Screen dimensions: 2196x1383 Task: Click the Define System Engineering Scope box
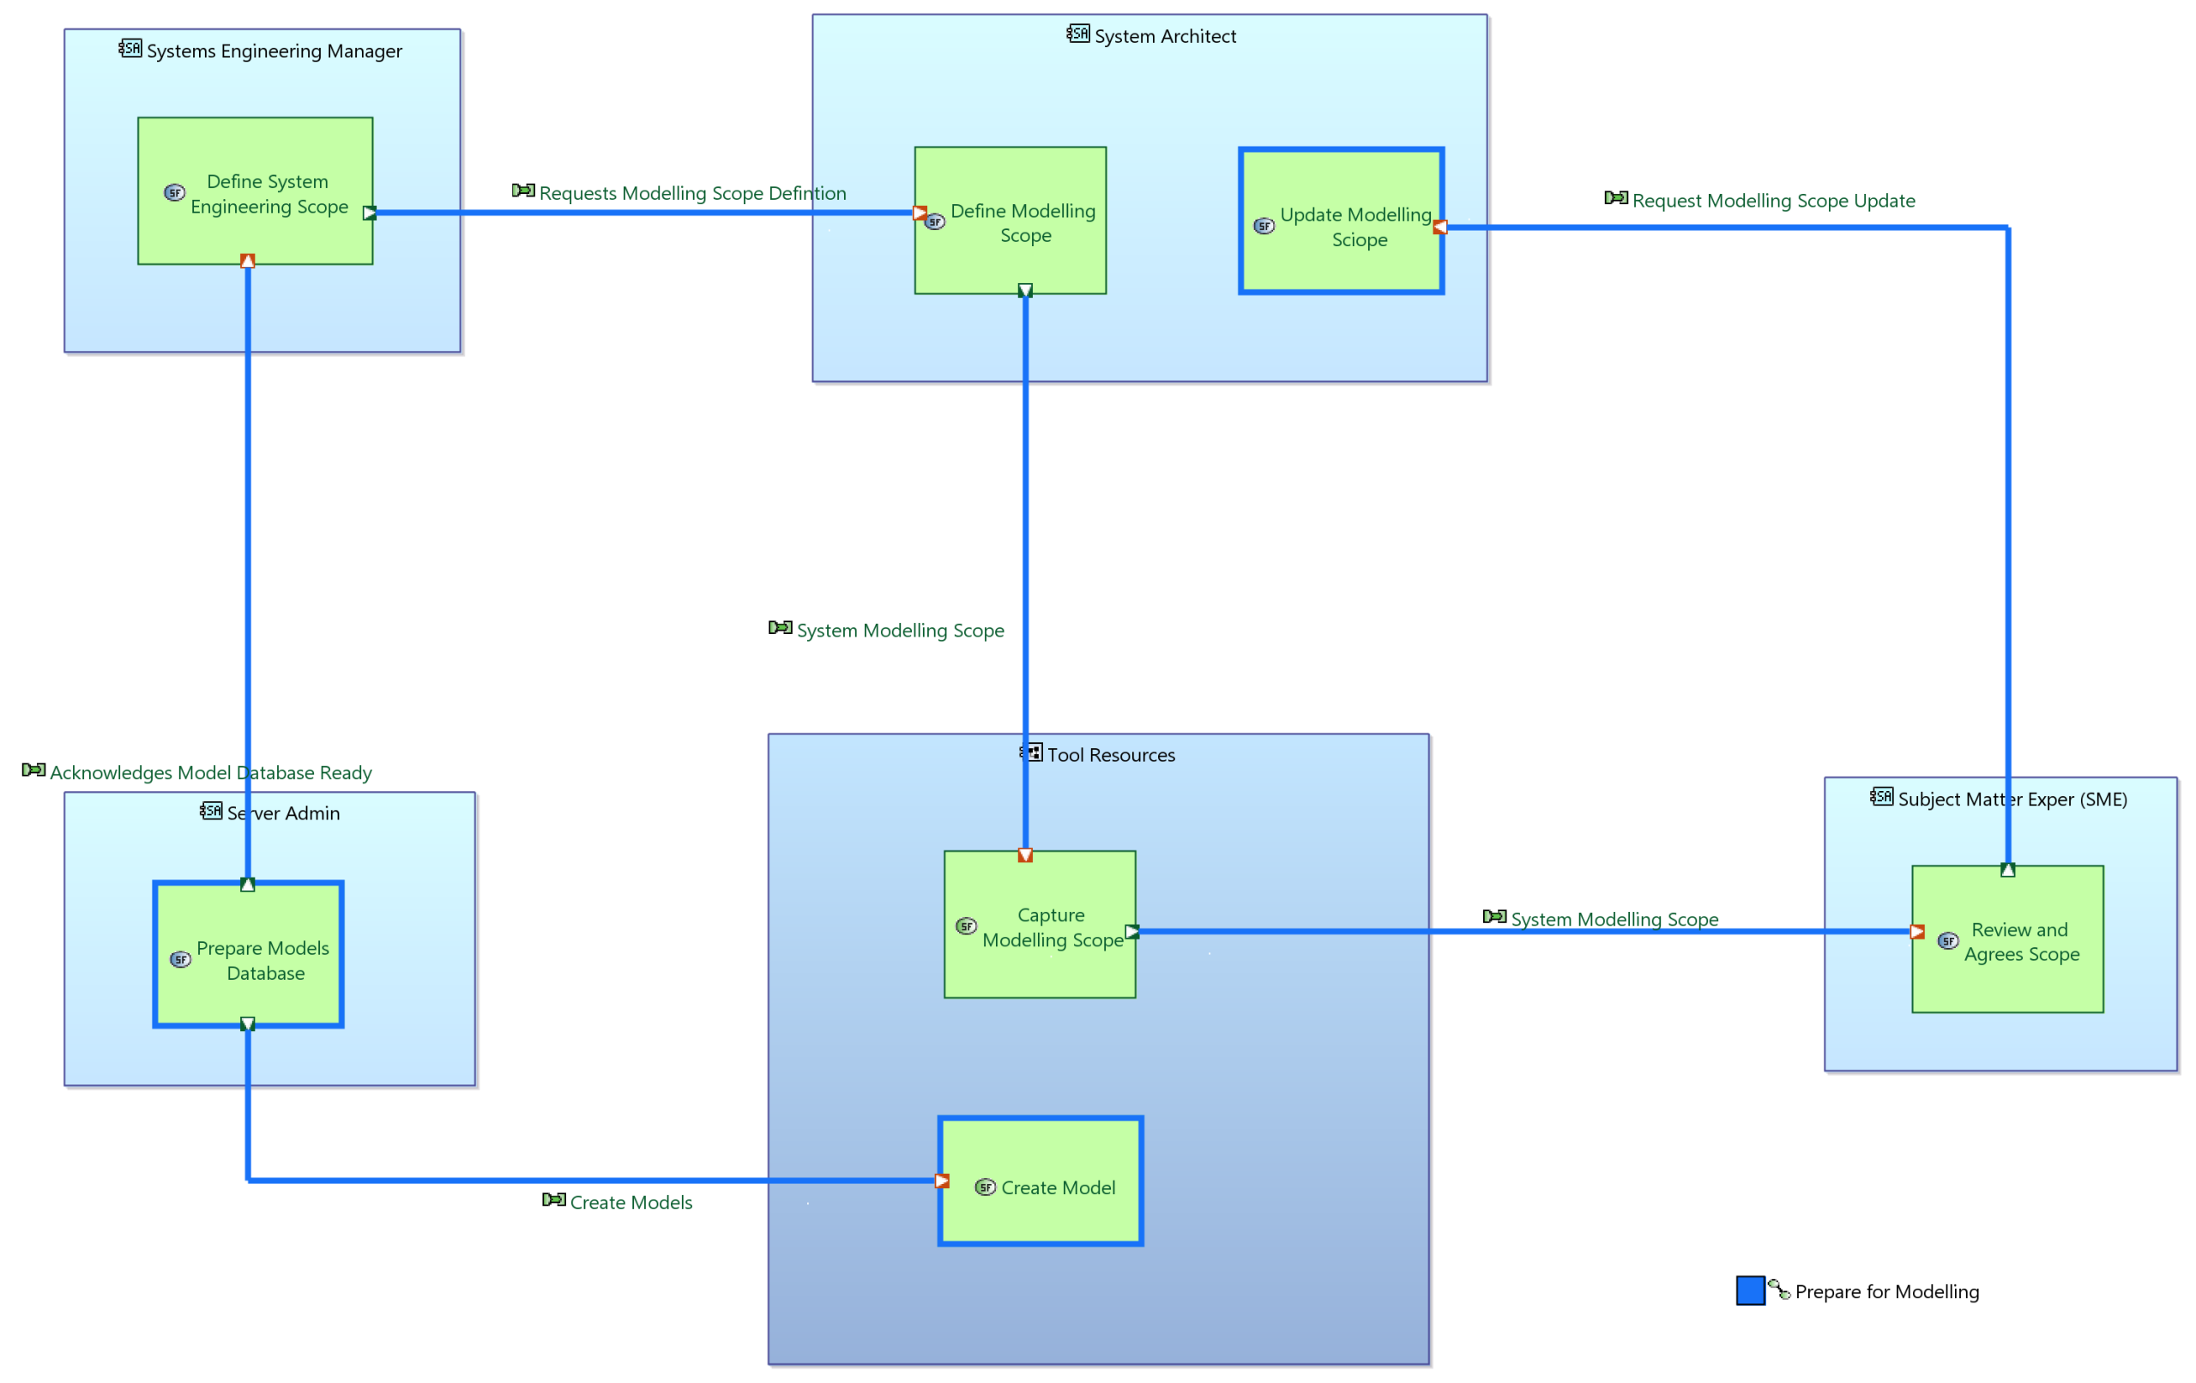(x=256, y=190)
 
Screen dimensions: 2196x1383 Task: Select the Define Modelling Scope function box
(x=1011, y=220)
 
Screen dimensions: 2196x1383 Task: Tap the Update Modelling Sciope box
(x=1342, y=220)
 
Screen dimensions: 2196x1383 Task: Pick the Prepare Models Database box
(x=248, y=954)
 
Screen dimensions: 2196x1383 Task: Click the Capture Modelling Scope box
(x=1040, y=924)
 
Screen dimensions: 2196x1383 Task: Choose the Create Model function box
(x=1041, y=1181)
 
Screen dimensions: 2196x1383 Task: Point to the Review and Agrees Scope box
(x=2008, y=939)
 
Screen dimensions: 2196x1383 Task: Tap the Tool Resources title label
(x=1111, y=755)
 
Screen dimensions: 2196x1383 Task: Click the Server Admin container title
(x=284, y=813)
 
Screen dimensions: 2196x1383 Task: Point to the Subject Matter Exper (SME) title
(x=2012, y=799)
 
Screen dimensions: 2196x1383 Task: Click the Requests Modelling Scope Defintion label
(x=693, y=193)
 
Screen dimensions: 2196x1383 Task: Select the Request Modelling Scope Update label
(x=1774, y=201)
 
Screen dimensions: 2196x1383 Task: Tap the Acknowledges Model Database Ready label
(x=211, y=773)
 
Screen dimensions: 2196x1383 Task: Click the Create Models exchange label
(x=631, y=1202)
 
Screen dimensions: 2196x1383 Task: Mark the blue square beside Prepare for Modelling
(x=1751, y=1291)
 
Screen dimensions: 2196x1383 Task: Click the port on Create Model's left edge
(x=942, y=1181)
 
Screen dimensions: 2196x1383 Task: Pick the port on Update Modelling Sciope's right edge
(x=1440, y=227)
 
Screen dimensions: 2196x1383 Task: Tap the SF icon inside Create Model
(x=985, y=1187)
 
